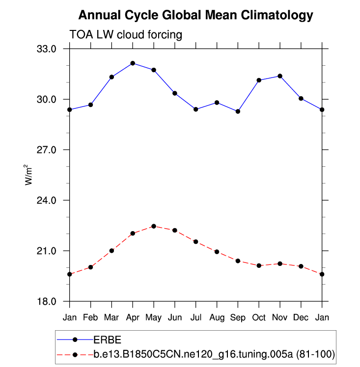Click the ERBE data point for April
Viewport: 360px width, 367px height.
tap(133, 63)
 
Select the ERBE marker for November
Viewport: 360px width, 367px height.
tap(280, 76)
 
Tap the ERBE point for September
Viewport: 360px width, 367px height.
tap(238, 111)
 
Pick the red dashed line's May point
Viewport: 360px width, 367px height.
tap(154, 226)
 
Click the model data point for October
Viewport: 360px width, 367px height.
tap(259, 265)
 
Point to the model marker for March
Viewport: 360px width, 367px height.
tap(111, 251)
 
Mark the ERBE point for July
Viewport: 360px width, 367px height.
tap(196, 109)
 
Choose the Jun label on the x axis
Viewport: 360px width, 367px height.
tap(175, 318)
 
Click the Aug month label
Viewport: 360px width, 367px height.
tap(217, 318)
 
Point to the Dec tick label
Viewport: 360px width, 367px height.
tap(301, 318)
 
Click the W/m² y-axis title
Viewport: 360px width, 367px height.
tap(28, 175)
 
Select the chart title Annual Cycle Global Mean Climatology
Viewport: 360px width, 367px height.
tap(195, 15)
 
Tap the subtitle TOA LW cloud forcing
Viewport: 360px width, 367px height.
tap(126, 35)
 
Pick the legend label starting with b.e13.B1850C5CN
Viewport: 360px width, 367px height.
tap(214, 354)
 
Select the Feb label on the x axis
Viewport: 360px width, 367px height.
tap(90, 318)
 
